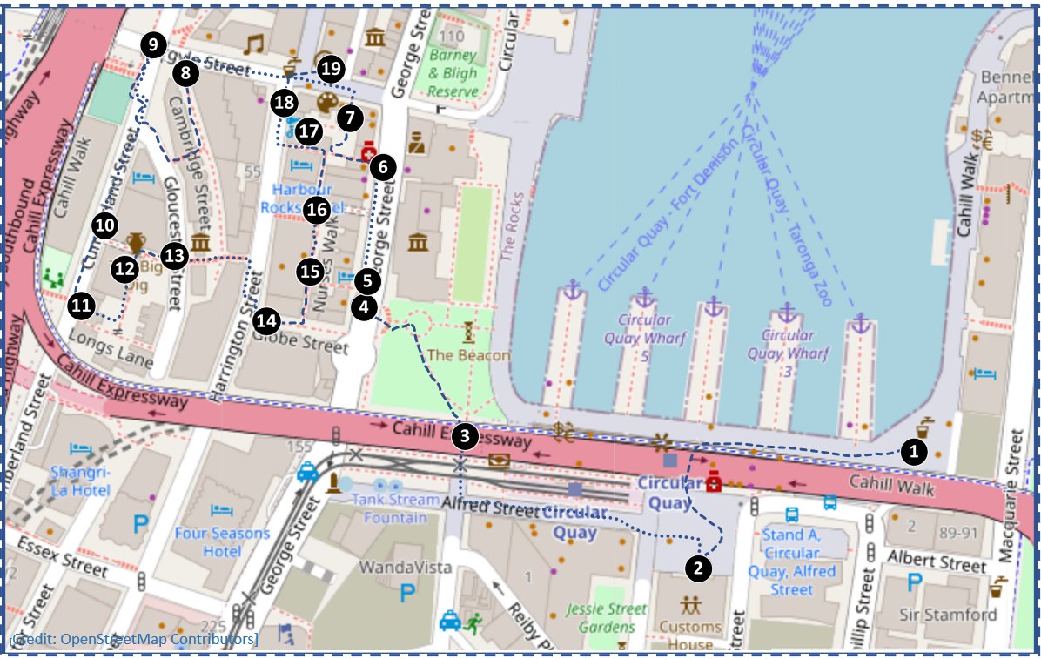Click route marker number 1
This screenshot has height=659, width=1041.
(913, 451)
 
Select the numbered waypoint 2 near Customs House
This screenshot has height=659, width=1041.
(698, 568)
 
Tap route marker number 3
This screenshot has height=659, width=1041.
(467, 437)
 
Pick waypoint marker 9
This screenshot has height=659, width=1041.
(154, 45)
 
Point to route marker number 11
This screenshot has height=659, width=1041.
(81, 306)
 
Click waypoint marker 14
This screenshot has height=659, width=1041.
(267, 321)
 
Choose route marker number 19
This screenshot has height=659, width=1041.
(330, 69)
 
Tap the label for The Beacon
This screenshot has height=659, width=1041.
(468, 355)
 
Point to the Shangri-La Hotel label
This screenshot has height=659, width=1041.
(80, 480)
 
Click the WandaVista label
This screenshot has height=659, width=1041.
(406, 568)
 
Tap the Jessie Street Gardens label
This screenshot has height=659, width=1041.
(607, 618)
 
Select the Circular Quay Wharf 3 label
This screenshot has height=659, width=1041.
(787, 344)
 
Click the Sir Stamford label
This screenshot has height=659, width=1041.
(947, 615)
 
